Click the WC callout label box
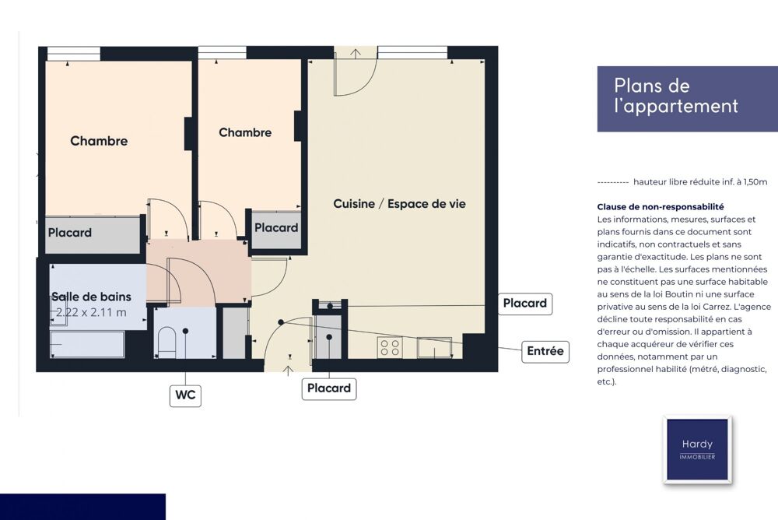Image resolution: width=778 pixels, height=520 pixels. click(x=185, y=395)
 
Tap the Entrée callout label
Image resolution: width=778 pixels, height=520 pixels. click(x=545, y=351)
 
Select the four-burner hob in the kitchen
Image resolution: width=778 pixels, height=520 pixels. click(x=390, y=347)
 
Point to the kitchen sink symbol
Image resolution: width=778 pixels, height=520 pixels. click(x=434, y=348)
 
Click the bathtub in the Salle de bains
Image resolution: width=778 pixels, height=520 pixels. click(x=87, y=344)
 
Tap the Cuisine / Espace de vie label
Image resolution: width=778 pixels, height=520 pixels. click(x=399, y=204)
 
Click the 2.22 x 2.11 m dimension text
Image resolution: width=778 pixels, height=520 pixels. click(x=91, y=312)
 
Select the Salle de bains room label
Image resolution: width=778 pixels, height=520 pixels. click(x=91, y=297)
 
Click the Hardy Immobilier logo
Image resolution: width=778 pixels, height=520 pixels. click(x=697, y=449)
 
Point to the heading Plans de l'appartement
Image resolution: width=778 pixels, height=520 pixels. click(x=676, y=96)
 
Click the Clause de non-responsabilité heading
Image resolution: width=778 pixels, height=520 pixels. click(x=661, y=206)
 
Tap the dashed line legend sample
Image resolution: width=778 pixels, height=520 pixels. click(x=613, y=182)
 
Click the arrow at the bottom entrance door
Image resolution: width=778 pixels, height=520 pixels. click(x=289, y=371)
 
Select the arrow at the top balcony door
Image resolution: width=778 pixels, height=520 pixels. click(x=356, y=54)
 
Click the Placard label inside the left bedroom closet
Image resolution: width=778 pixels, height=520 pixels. click(x=70, y=233)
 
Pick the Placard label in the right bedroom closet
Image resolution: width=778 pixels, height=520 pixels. click(x=276, y=227)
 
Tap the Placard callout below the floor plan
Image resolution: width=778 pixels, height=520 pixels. click(x=329, y=388)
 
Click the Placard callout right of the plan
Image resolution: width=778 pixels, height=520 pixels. click(x=525, y=304)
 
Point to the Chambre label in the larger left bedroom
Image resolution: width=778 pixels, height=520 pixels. click(x=99, y=141)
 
